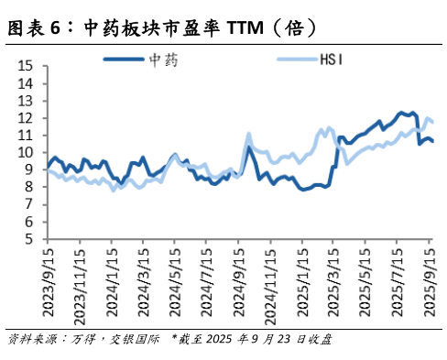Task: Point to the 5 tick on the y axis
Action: (x=28, y=239)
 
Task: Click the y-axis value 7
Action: (x=28, y=204)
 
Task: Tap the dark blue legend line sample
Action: (x=122, y=60)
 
